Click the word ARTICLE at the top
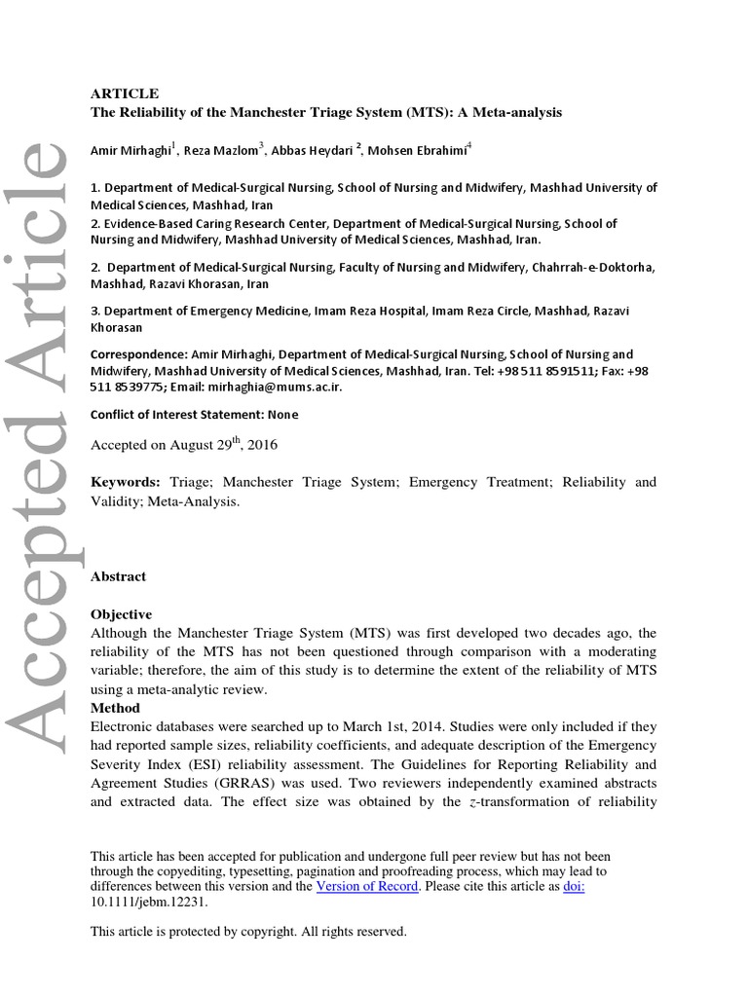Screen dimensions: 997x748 click(x=124, y=93)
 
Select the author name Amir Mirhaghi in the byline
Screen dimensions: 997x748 click(x=130, y=150)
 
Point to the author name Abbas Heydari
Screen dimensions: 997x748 click(x=313, y=150)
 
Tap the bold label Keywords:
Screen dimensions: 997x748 click(x=126, y=482)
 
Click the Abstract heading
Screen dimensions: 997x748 click(x=118, y=576)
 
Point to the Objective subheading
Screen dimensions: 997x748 click(x=121, y=614)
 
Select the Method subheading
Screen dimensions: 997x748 click(x=115, y=708)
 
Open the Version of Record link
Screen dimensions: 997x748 click(x=367, y=886)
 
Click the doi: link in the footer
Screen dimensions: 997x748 click(x=574, y=886)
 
